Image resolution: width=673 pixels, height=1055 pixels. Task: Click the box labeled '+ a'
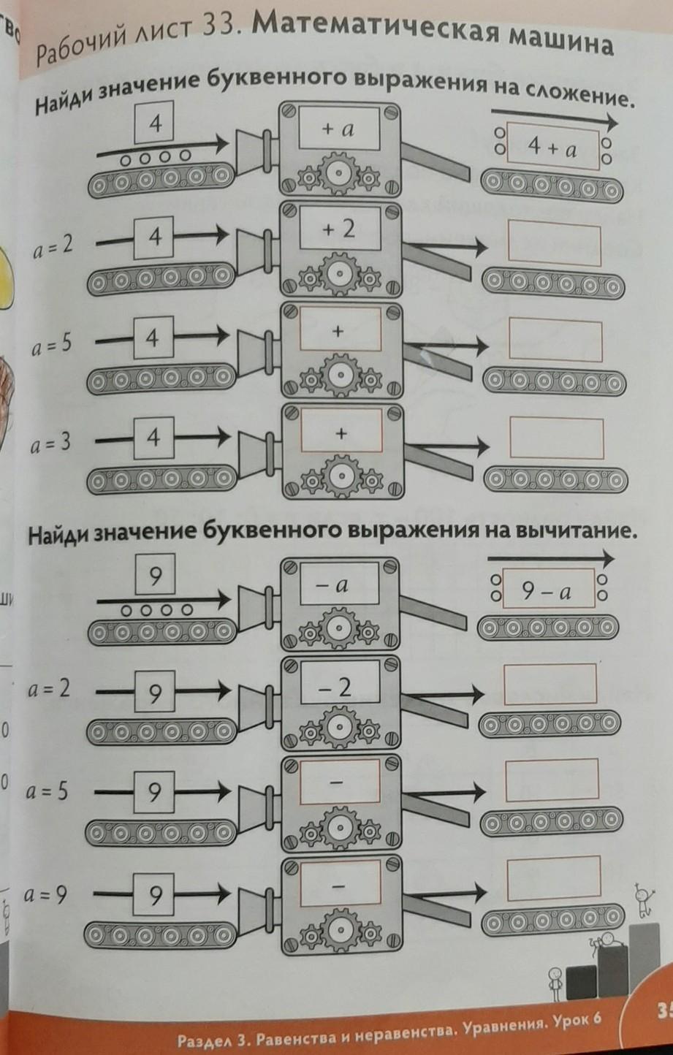338,129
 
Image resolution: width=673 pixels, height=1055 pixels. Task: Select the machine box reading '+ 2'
340,229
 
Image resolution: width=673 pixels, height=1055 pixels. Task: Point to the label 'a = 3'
51,443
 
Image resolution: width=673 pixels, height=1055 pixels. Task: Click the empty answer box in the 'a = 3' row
556,438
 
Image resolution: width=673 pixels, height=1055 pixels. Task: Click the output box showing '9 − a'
548,588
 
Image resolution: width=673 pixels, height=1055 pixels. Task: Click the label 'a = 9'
46,895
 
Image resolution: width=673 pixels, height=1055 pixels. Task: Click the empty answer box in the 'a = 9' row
554,878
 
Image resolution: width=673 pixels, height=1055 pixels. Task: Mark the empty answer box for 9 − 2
550,685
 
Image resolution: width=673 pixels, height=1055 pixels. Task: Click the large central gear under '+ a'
338,173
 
